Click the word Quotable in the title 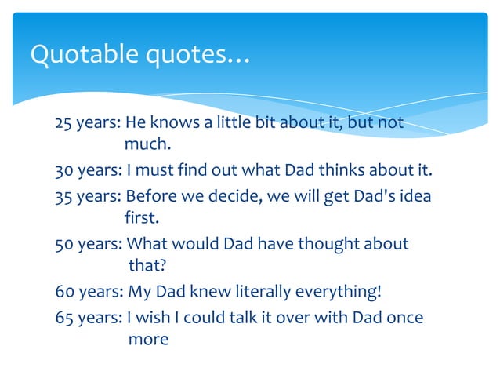(x=77, y=55)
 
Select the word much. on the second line (x=147, y=145)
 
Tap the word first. (x=142, y=217)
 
